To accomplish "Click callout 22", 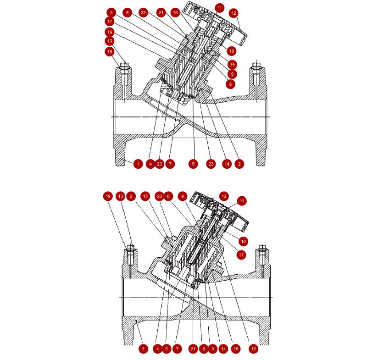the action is click(143, 12).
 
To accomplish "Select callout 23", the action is click(211, 164).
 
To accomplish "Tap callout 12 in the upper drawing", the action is click(234, 13).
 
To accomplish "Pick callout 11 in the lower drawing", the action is click(242, 201).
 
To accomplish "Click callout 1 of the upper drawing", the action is click(138, 164).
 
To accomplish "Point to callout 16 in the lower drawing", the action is click(254, 349).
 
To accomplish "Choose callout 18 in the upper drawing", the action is click(110, 51).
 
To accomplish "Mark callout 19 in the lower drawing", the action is click(108, 196).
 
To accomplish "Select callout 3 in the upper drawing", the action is click(111, 12).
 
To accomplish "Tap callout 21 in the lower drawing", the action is click(193, 349).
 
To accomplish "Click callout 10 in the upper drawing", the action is click(232, 51).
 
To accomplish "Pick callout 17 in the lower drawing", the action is click(241, 255).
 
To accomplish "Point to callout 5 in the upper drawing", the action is click(193, 164).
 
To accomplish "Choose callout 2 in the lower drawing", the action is click(131, 196).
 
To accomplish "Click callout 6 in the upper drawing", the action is click(231, 84).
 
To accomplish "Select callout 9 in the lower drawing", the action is click(183, 196).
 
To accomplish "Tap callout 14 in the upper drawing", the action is click(227, 164).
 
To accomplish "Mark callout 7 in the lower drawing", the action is click(177, 349).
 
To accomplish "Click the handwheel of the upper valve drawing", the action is click(215, 23).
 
